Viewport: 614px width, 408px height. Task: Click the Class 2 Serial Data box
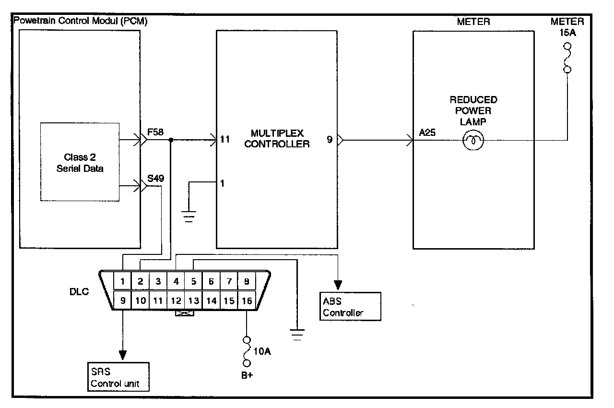(80, 162)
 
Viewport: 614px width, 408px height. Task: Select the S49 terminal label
(156, 179)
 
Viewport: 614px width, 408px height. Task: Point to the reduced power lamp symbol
(473, 141)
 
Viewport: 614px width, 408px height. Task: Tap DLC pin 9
(123, 301)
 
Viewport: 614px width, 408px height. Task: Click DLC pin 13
(193, 301)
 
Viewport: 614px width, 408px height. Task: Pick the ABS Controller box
(351, 306)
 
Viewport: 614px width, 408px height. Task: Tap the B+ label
(247, 375)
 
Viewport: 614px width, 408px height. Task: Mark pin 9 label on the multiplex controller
(330, 141)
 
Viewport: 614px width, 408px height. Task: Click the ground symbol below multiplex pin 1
(189, 215)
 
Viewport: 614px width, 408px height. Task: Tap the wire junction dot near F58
(171, 141)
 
